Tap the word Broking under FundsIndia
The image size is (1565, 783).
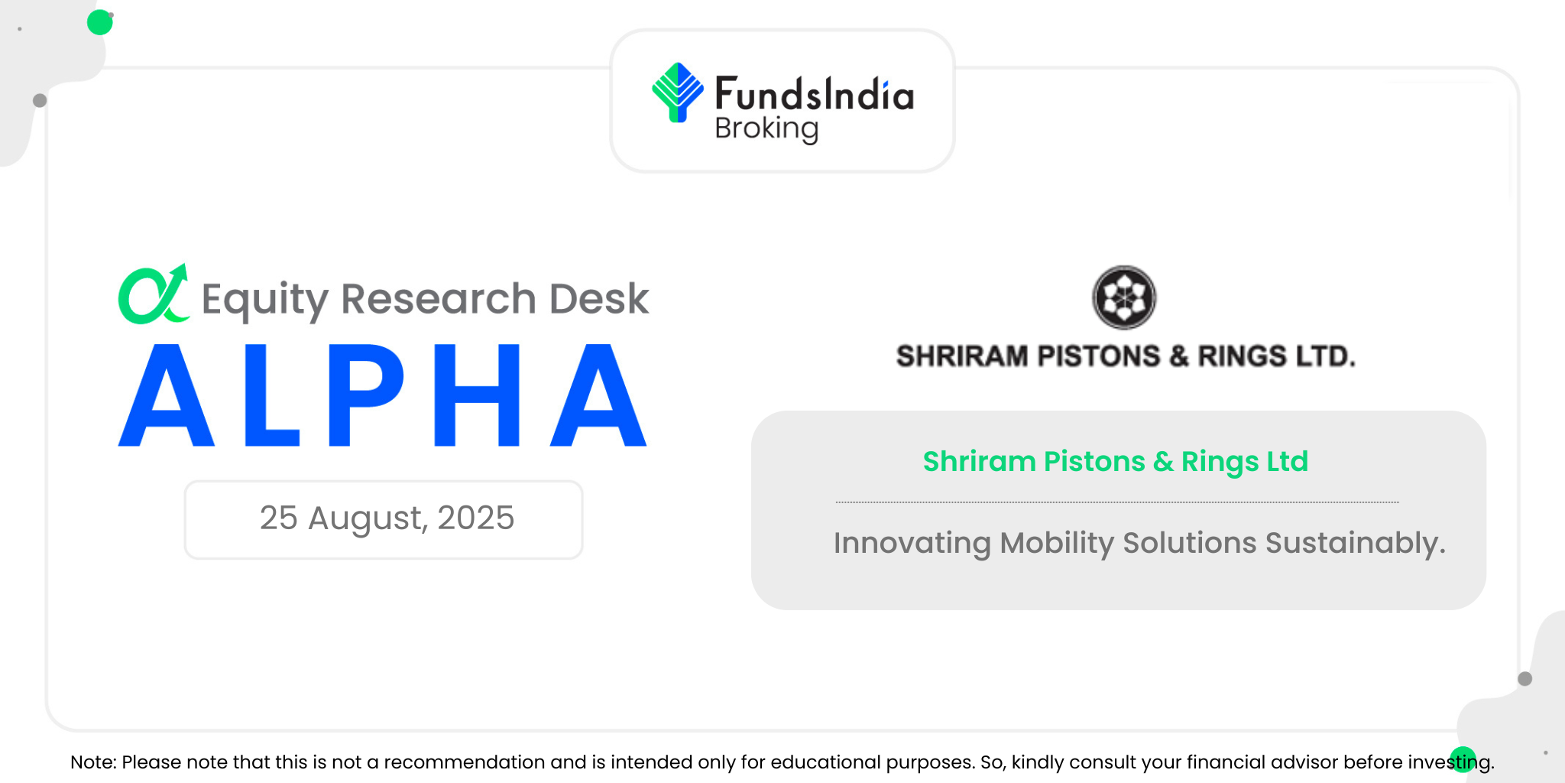click(x=766, y=129)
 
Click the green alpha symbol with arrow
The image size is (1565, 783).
click(x=153, y=294)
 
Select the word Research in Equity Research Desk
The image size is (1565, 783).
click(x=439, y=298)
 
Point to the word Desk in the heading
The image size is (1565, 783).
click(x=599, y=298)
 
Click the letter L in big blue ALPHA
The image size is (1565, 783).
click(x=271, y=395)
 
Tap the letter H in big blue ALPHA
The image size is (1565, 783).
click(x=477, y=395)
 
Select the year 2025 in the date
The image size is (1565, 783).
click(x=476, y=518)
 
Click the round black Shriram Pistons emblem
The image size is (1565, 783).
click(x=1124, y=297)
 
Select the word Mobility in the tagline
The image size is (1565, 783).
click(x=1057, y=544)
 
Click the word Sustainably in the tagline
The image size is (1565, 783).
click(x=1356, y=544)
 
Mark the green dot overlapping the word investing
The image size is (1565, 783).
click(x=1463, y=759)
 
